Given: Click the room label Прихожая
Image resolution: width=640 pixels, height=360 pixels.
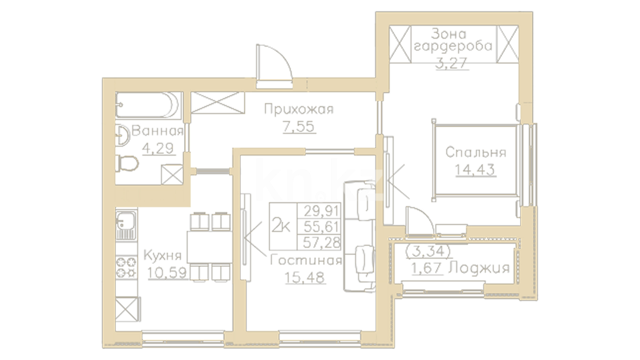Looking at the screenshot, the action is pos(299,109).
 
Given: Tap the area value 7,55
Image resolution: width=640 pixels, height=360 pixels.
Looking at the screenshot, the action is pos(299,127).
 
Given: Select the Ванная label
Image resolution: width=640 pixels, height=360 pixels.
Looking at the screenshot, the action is pos(158,131).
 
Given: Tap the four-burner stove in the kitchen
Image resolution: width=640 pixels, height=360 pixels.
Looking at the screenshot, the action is pos(126,267).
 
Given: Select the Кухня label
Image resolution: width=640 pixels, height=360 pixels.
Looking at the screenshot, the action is pos(162,256).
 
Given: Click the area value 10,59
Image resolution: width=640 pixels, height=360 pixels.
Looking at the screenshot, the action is pos(167,273).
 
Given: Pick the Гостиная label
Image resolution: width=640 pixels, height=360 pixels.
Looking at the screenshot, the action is pos(306,260).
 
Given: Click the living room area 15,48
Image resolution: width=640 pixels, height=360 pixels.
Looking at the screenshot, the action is pos(305,277).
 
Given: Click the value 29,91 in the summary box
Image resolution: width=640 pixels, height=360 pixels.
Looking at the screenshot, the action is pos(321,211).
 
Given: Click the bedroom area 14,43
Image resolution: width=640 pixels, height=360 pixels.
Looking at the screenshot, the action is pos(475,170).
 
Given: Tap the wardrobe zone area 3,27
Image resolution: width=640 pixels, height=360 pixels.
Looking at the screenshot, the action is pos(452,63).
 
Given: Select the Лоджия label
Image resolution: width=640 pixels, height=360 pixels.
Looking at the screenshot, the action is pos(479,268).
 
